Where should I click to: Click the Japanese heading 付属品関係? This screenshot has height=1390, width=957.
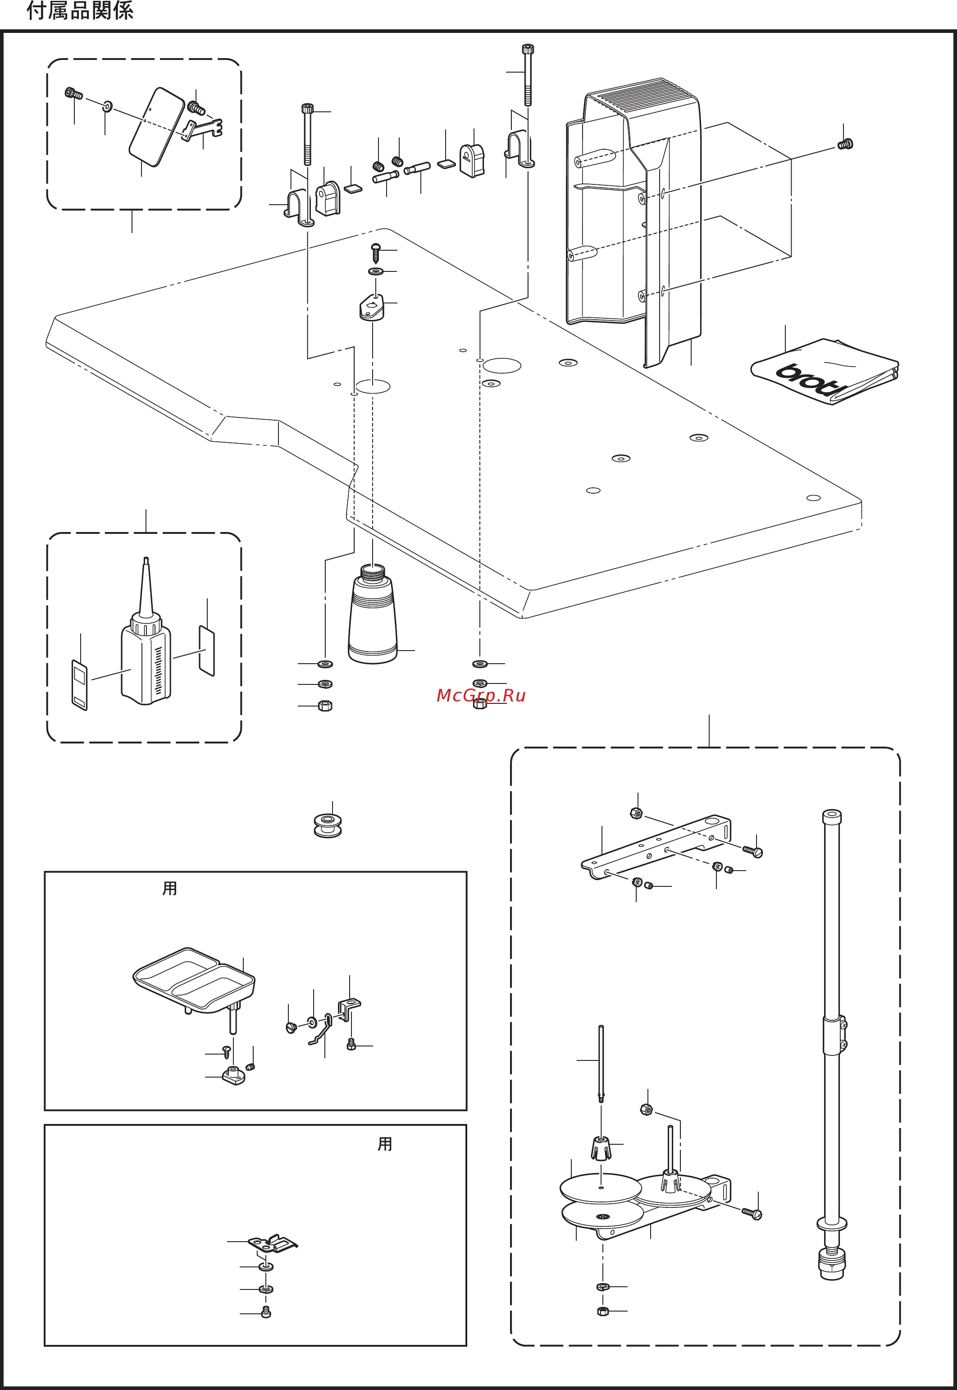pyautogui.click(x=80, y=11)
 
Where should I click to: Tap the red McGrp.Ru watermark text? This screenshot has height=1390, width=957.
pyautogui.click(x=481, y=695)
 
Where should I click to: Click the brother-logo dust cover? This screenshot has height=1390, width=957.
pyautogui.click(x=825, y=372)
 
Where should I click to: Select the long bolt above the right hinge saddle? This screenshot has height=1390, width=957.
pyautogui.click(x=528, y=74)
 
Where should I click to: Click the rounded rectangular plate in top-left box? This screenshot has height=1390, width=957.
pyautogui.click(x=156, y=127)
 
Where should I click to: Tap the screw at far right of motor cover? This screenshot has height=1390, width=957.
pyautogui.click(x=845, y=144)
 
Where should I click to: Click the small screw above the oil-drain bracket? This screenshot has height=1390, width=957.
pyautogui.click(x=376, y=252)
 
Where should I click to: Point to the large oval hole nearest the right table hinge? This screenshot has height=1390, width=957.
pyautogui.click(x=502, y=365)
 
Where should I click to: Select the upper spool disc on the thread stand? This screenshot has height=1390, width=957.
pyautogui.click(x=600, y=1187)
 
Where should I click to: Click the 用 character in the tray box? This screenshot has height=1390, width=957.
pyautogui.click(x=170, y=888)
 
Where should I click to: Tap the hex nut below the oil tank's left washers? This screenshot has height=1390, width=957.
pyautogui.click(x=324, y=706)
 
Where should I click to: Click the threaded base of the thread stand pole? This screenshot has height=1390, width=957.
pyautogui.click(x=831, y=1264)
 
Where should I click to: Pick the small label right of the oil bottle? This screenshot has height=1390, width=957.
pyautogui.click(x=207, y=651)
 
